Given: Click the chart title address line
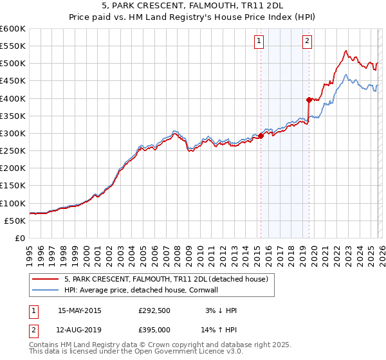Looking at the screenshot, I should point(193,7).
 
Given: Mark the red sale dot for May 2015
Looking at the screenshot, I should point(261,136).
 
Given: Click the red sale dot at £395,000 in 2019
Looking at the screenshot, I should point(309,100).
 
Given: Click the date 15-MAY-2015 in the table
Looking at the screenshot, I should point(80,310).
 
